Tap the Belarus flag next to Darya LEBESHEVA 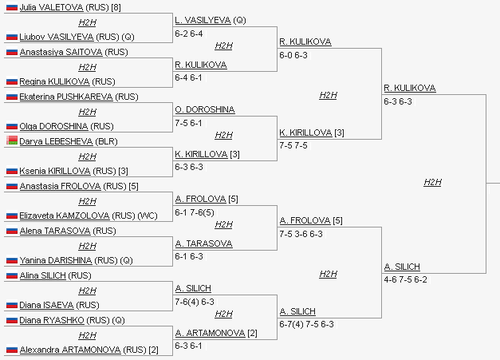(x=11, y=140)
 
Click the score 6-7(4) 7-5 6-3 (x=306, y=324)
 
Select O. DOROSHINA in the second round (x=204, y=109)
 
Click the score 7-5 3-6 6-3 (x=301, y=235)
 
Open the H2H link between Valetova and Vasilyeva (x=87, y=22)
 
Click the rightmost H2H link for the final (x=432, y=182)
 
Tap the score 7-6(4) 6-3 (x=195, y=302)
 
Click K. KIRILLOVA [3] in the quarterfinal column (x=305, y=132)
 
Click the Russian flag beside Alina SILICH (x=11, y=275)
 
